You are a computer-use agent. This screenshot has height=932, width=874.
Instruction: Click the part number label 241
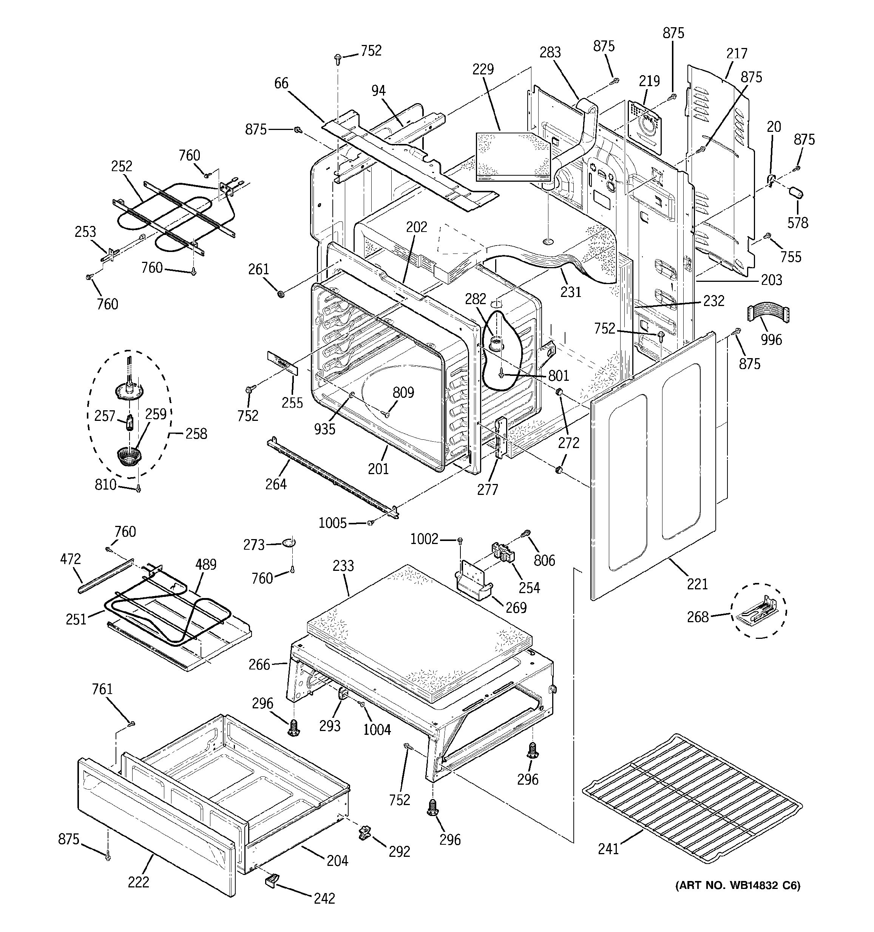(x=608, y=849)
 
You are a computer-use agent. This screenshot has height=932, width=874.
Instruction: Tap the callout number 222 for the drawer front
(x=138, y=882)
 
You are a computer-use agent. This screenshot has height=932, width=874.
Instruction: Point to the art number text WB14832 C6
(x=738, y=886)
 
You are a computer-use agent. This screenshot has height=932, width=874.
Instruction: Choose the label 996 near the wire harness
(x=771, y=339)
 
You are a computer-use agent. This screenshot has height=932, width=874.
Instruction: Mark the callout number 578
(x=798, y=222)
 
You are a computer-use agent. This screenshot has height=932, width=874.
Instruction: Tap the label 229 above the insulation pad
(x=483, y=69)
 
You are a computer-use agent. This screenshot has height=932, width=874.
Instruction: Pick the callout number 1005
(x=332, y=523)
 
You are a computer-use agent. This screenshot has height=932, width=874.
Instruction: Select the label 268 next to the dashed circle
(x=698, y=617)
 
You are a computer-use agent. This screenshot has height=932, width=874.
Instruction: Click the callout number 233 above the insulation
(x=343, y=566)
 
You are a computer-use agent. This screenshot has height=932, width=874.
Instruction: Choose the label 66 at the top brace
(x=281, y=83)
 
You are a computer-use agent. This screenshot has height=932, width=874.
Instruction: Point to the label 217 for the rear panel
(x=737, y=53)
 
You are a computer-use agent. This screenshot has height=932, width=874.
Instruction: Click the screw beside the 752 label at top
(x=337, y=58)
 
